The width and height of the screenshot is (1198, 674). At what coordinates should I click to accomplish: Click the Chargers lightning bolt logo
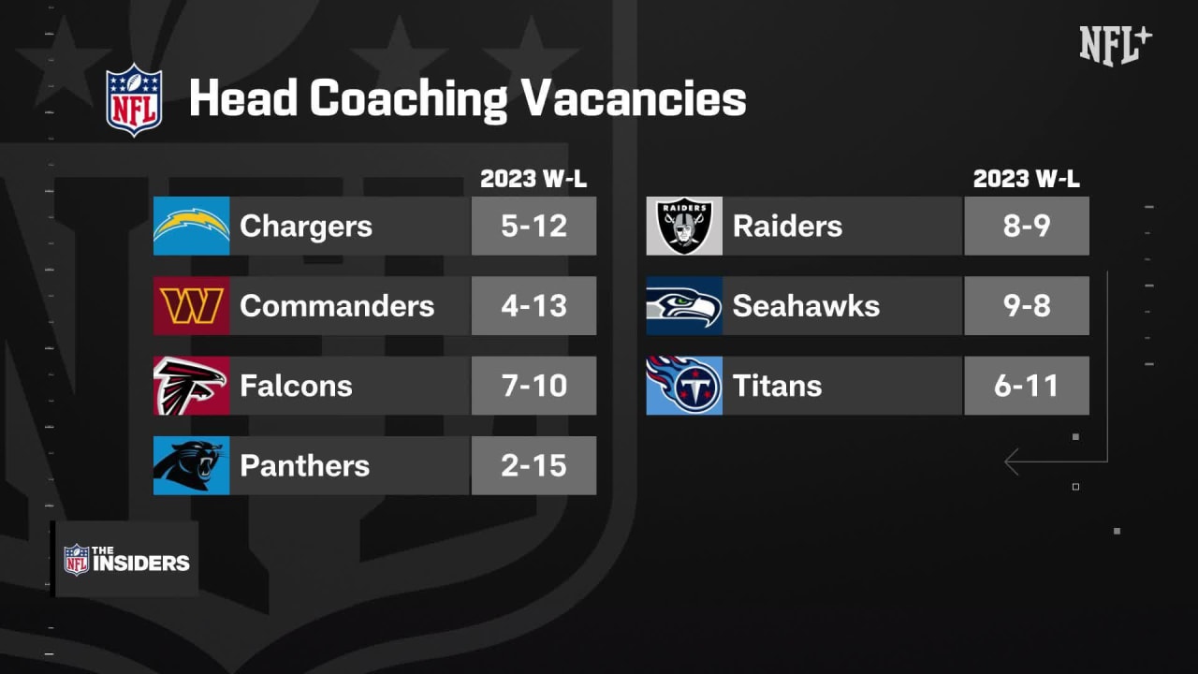pyautogui.click(x=191, y=226)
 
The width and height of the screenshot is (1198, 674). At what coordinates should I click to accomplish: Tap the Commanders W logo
pyautogui.click(x=191, y=306)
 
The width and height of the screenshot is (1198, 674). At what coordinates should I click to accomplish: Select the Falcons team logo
pyautogui.click(x=191, y=386)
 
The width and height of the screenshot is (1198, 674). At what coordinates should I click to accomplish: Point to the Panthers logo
pyautogui.click(x=191, y=465)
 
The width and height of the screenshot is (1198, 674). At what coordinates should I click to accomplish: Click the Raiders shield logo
pyautogui.click(x=684, y=226)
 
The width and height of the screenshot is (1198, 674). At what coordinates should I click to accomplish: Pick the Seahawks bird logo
pyautogui.click(x=684, y=306)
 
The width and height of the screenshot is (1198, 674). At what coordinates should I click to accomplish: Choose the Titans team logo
pyautogui.click(x=684, y=386)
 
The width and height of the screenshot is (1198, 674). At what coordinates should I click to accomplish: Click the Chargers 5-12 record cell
pyautogui.click(x=533, y=226)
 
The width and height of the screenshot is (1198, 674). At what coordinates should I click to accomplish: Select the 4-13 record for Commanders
pyautogui.click(x=533, y=306)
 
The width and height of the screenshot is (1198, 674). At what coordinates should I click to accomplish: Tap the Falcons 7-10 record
pyautogui.click(x=533, y=386)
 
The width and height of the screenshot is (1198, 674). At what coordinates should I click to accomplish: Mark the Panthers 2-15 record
pyautogui.click(x=533, y=465)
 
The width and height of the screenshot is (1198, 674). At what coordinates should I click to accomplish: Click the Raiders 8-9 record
pyautogui.click(x=1027, y=226)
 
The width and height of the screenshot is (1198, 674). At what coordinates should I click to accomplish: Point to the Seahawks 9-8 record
pyautogui.click(x=1027, y=306)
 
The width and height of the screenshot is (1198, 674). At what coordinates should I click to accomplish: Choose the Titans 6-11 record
pyautogui.click(x=1027, y=386)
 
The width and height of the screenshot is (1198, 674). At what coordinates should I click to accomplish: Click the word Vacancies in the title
pyautogui.click(x=633, y=98)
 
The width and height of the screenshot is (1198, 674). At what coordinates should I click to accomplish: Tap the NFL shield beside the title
pyautogui.click(x=134, y=99)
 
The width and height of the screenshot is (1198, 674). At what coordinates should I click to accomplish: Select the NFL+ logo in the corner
pyautogui.click(x=1116, y=44)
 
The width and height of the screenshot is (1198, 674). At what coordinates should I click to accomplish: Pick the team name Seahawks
pyautogui.click(x=806, y=306)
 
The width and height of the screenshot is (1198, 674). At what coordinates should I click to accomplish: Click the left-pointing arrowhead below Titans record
pyautogui.click(x=1011, y=462)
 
